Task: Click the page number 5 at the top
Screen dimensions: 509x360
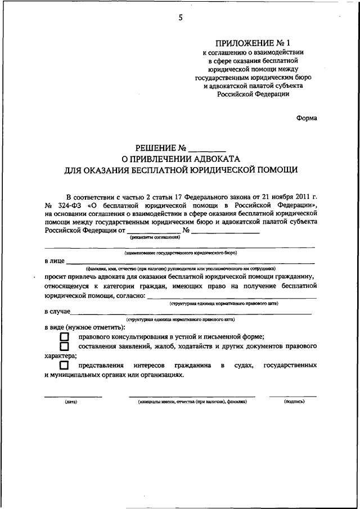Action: (181, 17)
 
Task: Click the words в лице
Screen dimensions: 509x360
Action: (54, 262)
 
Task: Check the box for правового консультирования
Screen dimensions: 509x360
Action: (64, 336)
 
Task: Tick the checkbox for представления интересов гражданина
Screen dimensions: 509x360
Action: (64, 367)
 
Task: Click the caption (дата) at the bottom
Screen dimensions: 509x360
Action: (71, 402)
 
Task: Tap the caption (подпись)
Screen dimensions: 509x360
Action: (294, 402)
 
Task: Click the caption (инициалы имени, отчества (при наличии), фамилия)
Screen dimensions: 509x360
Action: (192, 402)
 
